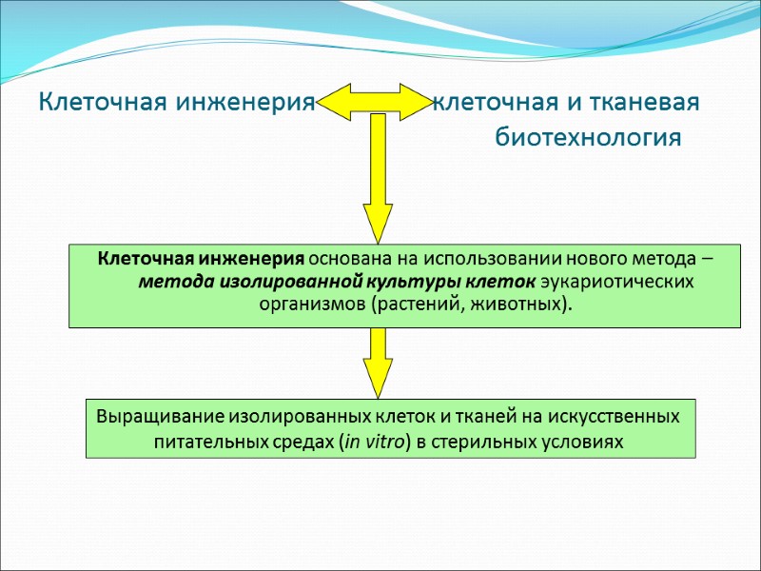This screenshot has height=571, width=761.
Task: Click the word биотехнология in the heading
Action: click(588, 139)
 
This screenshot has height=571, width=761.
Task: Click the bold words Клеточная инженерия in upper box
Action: click(202, 259)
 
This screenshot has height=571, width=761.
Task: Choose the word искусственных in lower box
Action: click(622, 417)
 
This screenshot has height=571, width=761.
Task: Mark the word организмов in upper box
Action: click(311, 305)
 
